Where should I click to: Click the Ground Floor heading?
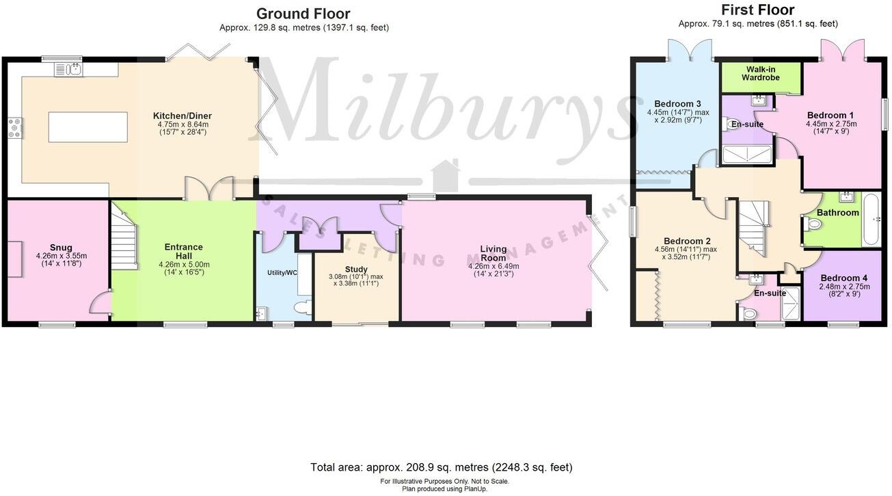point(303,14)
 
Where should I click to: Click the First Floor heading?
point(757,10)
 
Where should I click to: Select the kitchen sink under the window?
point(68,68)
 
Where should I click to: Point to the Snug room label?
point(61,248)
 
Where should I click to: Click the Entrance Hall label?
point(183,251)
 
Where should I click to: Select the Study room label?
point(356,269)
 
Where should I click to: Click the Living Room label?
point(493,252)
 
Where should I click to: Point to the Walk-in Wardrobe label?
point(761,73)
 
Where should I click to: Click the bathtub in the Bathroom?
point(872,220)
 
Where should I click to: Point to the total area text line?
point(441,468)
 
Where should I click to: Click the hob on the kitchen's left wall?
point(14,128)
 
